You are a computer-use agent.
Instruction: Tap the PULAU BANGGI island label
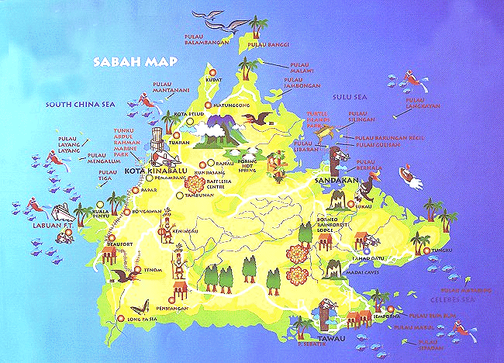tap(263, 45)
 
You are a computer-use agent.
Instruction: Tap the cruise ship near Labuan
tap(62, 213)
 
